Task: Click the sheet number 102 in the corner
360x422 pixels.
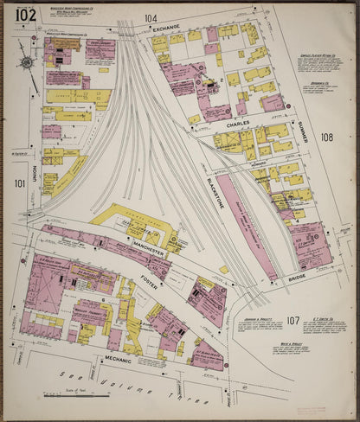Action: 26,15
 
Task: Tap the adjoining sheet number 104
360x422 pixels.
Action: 151,18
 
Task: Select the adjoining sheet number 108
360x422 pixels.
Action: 326,137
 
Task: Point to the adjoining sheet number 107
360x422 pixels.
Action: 293,321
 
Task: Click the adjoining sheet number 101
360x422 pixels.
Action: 20,183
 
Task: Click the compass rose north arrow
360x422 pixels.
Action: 28,64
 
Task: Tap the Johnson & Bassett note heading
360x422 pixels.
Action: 260,318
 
